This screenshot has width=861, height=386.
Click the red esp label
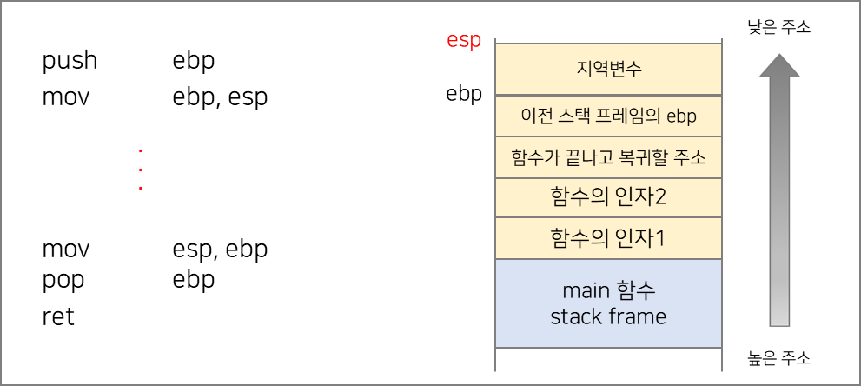[x=464, y=41]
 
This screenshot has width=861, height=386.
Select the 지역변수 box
[x=608, y=69]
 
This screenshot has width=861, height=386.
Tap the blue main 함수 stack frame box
[x=608, y=303]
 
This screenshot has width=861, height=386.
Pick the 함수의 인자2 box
[x=608, y=198]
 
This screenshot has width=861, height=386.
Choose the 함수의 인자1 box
[x=608, y=238]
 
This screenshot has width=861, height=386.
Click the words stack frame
[x=608, y=316]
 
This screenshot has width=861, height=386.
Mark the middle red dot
[x=140, y=169]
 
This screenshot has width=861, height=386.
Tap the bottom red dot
[x=140, y=188]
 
